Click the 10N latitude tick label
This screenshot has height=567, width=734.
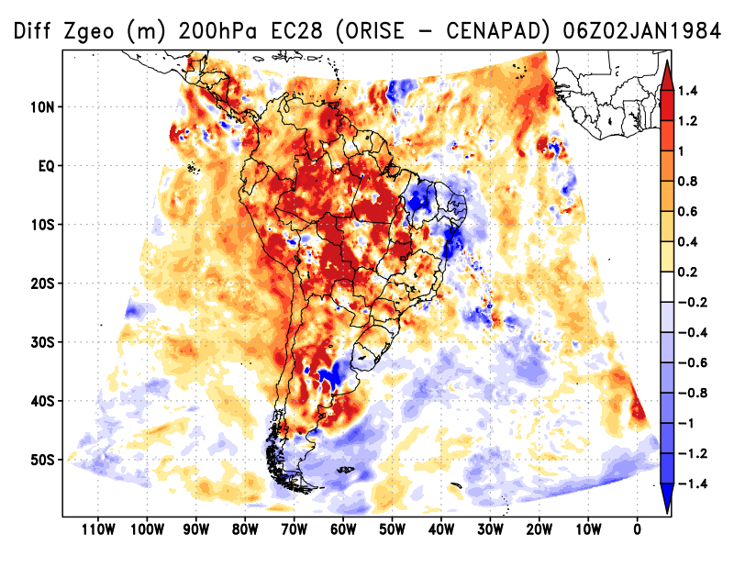click(x=42, y=106)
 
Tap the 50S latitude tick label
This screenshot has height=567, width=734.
click(x=42, y=459)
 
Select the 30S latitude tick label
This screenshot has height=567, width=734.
click(x=42, y=341)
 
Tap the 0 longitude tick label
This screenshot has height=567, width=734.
click(x=637, y=528)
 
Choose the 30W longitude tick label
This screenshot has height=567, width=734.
click(x=489, y=528)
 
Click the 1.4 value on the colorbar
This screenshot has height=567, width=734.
click(x=689, y=90)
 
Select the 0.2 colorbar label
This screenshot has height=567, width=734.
click(x=689, y=272)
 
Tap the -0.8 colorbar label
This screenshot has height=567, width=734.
click(x=692, y=393)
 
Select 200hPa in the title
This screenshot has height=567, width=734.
click(x=212, y=33)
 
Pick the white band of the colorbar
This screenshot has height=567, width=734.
click(x=667, y=287)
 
